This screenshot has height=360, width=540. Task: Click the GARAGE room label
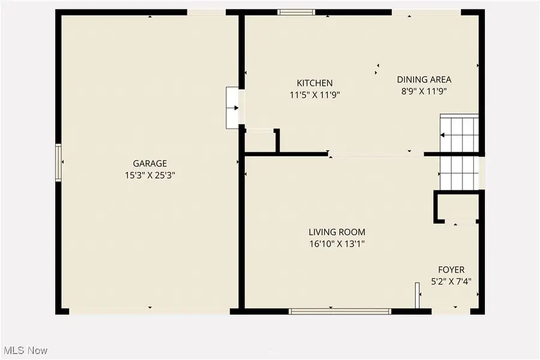149,163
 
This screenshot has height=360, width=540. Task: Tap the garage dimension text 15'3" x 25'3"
149,175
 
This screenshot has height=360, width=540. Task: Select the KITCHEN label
314,83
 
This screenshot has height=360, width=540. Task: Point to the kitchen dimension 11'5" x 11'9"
314,94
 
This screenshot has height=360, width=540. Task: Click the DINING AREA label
424,79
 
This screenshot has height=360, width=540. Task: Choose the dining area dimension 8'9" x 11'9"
424,91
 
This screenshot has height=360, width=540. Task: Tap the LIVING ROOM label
337,232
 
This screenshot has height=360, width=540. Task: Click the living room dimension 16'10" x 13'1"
337,244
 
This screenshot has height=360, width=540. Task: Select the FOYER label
451,270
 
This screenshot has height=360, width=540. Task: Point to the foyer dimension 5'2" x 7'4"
451,281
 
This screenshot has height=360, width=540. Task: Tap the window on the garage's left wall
58,163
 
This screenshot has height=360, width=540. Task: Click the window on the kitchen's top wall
296,11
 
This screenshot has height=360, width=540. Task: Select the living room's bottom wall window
340,311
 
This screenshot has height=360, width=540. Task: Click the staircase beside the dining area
459,152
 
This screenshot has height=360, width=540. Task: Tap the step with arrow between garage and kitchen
232,108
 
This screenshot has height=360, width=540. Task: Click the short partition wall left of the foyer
416,297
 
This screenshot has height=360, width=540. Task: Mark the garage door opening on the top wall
208,13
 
